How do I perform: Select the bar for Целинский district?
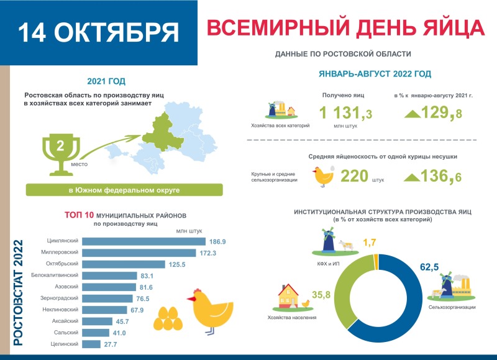click(x=91, y=344)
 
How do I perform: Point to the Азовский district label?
click(x=65, y=287)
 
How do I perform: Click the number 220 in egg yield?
click(x=354, y=176)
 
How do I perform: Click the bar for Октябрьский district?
click(x=124, y=264)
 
